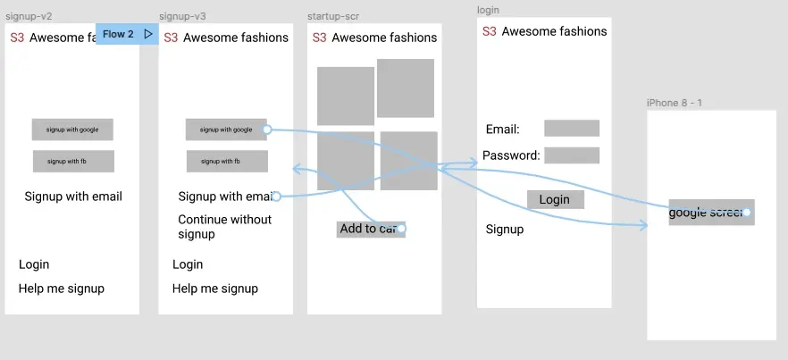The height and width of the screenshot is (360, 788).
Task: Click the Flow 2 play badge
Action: click(x=127, y=34)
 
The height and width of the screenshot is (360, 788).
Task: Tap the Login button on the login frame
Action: click(x=555, y=199)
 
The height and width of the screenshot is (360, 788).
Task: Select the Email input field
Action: click(x=572, y=129)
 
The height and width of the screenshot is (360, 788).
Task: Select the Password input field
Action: click(x=572, y=155)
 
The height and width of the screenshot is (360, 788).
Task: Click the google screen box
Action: click(x=711, y=213)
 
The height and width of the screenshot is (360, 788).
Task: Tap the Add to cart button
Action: click(x=371, y=229)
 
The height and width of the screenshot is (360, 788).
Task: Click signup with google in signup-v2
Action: click(x=72, y=130)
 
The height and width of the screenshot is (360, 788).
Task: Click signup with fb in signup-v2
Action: click(x=73, y=162)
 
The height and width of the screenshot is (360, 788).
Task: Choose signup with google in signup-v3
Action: click(x=226, y=130)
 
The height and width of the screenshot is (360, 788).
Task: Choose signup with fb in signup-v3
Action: click(x=227, y=162)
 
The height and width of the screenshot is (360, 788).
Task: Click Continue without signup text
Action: click(x=224, y=227)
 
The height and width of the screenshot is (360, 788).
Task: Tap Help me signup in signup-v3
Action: click(x=215, y=289)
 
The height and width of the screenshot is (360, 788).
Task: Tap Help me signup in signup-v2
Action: click(x=62, y=289)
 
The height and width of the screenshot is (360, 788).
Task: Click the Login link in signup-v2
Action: click(x=34, y=264)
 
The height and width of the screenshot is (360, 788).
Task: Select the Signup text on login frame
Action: click(x=505, y=230)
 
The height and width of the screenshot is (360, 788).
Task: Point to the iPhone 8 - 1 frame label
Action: click(x=675, y=103)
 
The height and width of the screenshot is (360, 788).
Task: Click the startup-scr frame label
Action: click(x=333, y=17)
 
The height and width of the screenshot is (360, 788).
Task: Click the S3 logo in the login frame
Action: click(x=489, y=31)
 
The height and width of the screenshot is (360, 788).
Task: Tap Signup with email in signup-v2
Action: click(x=73, y=197)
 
